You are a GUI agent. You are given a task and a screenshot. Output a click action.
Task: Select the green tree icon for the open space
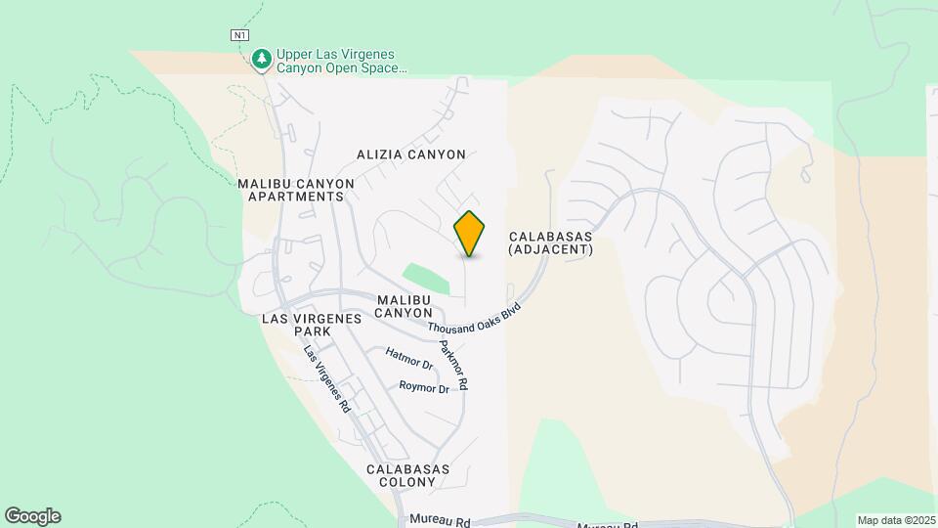point(261,61)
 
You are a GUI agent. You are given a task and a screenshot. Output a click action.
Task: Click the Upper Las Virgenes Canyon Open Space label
point(340,62)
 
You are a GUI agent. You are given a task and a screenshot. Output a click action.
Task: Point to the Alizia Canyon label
point(410,154)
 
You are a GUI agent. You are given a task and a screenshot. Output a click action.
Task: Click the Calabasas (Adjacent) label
point(551,243)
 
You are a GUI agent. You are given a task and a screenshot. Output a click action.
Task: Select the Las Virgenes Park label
point(312,326)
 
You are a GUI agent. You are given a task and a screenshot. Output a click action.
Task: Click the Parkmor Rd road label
point(453,362)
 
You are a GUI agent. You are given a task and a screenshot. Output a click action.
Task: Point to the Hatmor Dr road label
point(409,359)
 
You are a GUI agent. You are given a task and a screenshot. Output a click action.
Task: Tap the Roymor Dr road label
point(424,387)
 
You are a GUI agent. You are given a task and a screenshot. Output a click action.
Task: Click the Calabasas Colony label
point(408,476)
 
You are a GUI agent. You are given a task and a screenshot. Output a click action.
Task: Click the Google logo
point(32,516)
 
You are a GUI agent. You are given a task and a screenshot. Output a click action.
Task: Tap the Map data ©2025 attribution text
point(894,520)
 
